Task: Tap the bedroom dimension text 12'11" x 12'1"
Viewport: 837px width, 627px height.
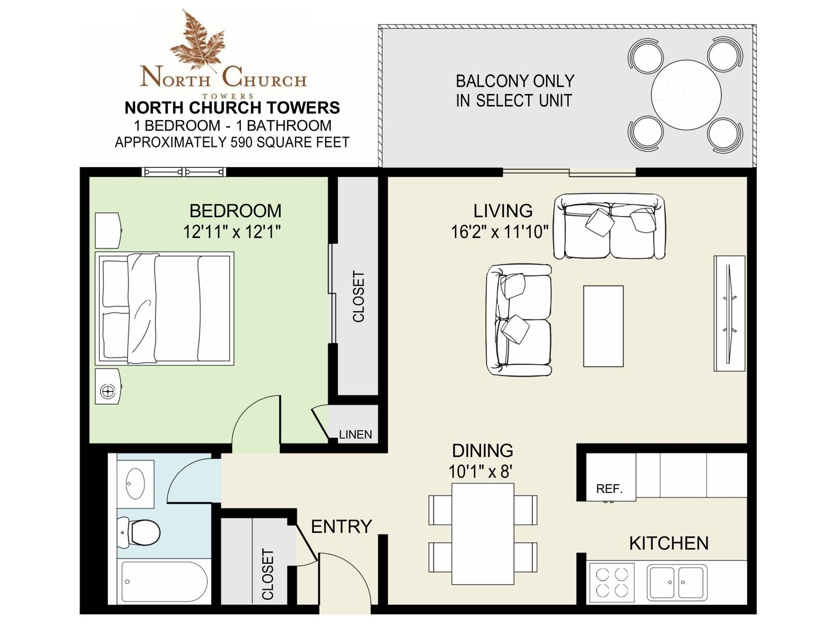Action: [232, 232]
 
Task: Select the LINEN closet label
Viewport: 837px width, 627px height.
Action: [355, 434]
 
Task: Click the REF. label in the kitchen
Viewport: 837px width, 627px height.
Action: [609, 489]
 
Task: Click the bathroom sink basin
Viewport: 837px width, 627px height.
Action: [135, 483]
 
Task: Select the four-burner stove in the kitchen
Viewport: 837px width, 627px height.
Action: [612, 582]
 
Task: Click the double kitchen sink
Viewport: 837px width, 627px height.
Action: [677, 582]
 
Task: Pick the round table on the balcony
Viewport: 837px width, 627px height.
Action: [686, 95]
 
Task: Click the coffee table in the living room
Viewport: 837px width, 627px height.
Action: [603, 326]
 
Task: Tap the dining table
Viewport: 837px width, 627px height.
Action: [483, 534]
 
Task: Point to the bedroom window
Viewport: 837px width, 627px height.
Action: [184, 172]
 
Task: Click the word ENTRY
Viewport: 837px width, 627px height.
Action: [341, 527]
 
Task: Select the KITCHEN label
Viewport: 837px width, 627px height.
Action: [669, 543]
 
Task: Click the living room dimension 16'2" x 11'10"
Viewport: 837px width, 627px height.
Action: [500, 232]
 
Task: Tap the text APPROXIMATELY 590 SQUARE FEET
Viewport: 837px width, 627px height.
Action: [232, 142]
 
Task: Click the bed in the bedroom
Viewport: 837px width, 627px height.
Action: [164, 308]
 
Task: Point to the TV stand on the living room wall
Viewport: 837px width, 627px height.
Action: [730, 313]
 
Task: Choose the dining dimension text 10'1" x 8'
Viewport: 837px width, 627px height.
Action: [480, 472]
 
